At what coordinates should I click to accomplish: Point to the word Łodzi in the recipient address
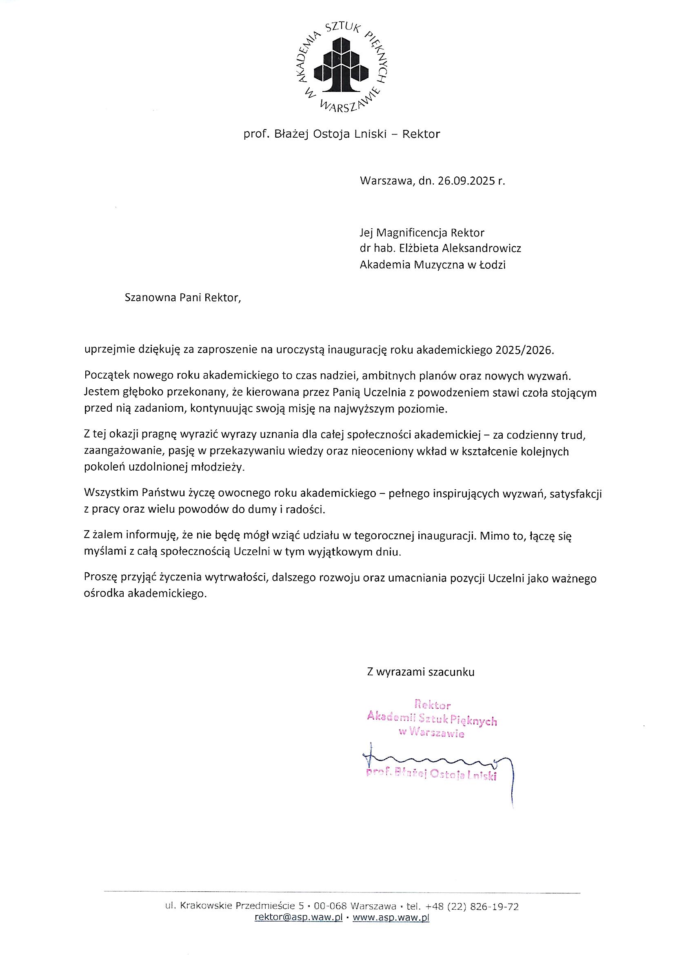[492, 265]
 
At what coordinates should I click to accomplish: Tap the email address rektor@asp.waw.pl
[298, 917]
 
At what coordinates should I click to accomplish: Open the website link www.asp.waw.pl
[391, 917]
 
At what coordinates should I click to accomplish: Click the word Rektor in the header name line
[421, 134]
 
